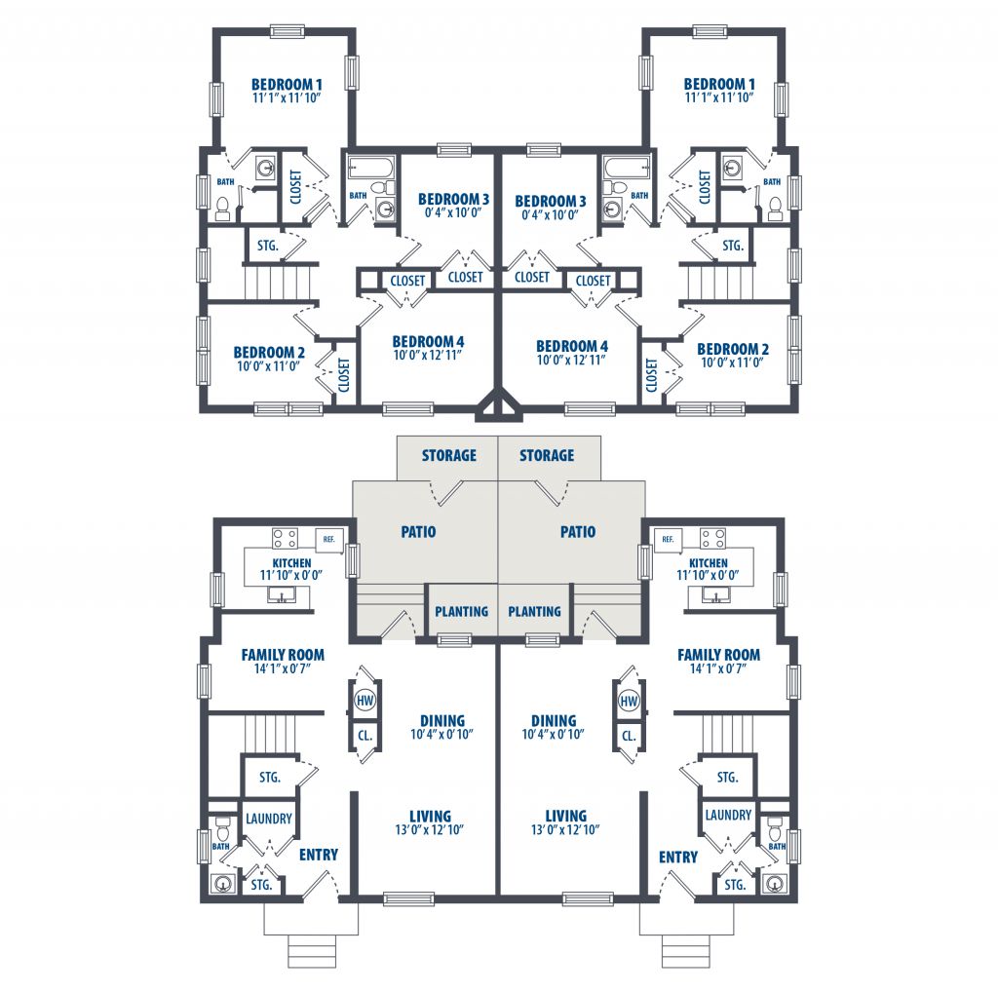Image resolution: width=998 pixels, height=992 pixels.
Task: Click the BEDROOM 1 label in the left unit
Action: (x=287, y=84)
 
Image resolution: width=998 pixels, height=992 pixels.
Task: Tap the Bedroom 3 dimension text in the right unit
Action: (x=550, y=215)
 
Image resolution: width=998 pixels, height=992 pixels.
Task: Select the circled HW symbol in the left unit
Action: (x=365, y=701)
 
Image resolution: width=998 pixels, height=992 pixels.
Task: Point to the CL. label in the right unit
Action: (x=629, y=736)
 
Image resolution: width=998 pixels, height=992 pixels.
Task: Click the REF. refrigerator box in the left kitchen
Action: (x=329, y=540)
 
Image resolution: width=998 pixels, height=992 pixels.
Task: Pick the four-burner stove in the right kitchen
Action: (x=712, y=538)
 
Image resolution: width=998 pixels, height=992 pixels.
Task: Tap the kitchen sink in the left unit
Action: (x=281, y=595)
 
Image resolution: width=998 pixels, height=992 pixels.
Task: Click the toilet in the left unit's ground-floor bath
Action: (x=223, y=828)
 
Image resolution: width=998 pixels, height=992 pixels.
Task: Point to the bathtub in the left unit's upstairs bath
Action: (x=372, y=168)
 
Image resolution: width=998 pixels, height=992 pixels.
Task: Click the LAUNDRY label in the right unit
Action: (x=728, y=815)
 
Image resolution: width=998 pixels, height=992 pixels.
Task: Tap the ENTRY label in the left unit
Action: (x=319, y=855)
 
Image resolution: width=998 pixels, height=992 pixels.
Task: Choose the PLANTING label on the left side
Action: (x=461, y=612)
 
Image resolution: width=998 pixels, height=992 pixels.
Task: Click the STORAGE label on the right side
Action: (x=547, y=456)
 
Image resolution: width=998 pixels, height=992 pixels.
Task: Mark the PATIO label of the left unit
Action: (x=418, y=532)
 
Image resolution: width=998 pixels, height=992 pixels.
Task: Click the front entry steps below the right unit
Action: (x=685, y=951)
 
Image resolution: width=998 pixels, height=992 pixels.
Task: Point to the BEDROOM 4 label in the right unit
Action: (x=571, y=346)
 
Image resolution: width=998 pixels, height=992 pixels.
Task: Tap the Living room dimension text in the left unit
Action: (x=429, y=829)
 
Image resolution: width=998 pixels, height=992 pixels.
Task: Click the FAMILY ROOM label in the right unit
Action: (x=718, y=655)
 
